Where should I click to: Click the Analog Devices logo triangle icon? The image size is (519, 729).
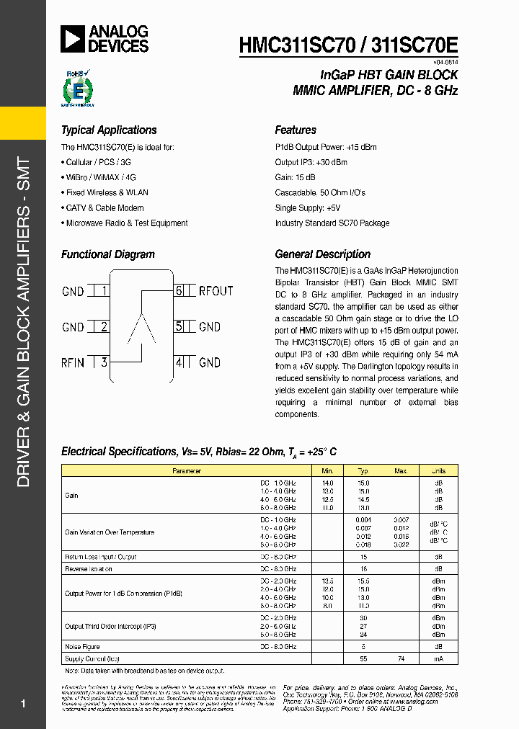click(74, 39)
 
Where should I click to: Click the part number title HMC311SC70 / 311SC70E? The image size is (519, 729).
click(348, 45)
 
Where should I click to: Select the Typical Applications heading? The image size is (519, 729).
click(109, 130)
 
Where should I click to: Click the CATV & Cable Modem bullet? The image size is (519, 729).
click(105, 207)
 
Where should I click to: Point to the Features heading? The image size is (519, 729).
click(296, 130)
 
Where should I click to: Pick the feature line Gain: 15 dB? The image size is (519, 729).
click(295, 177)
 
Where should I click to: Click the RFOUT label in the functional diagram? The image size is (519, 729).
click(216, 291)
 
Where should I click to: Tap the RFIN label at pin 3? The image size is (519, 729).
click(73, 362)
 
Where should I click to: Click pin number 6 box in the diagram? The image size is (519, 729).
click(179, 291)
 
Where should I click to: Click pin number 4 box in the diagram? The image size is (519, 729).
click(179, 362)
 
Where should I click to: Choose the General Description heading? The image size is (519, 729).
click(322, 254)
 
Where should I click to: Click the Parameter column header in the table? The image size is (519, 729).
click(186, 470)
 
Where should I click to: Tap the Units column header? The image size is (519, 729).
click(438, 470)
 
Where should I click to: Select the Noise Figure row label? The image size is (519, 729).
click(82, 647)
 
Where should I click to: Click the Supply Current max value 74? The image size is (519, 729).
click(401, 658)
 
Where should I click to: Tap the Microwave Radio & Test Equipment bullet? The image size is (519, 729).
click(126, 223)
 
